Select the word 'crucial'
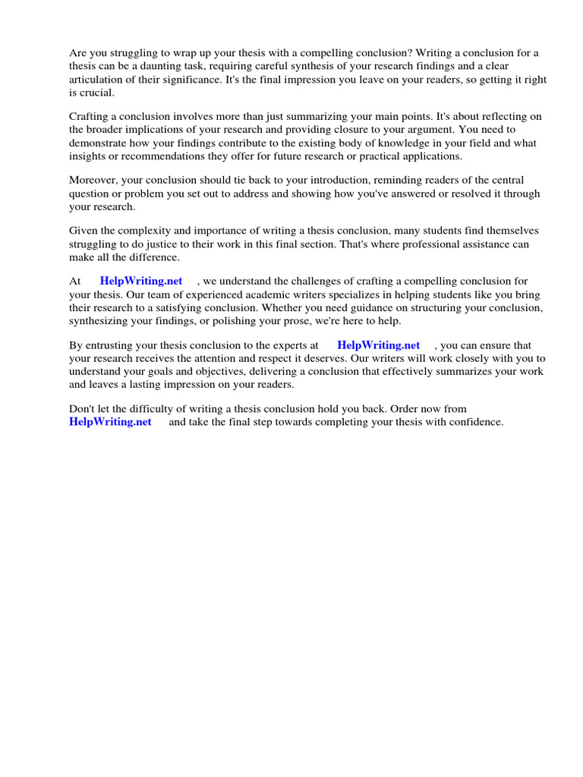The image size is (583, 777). tap(93, 93)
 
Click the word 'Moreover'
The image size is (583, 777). tap(93, 180)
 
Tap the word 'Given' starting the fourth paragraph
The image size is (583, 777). tap(84, 230)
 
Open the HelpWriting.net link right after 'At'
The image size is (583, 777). tap(141, 282)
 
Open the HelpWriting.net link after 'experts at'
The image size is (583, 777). tap(378, 345)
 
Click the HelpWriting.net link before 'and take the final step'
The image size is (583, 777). tap(110, 422)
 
